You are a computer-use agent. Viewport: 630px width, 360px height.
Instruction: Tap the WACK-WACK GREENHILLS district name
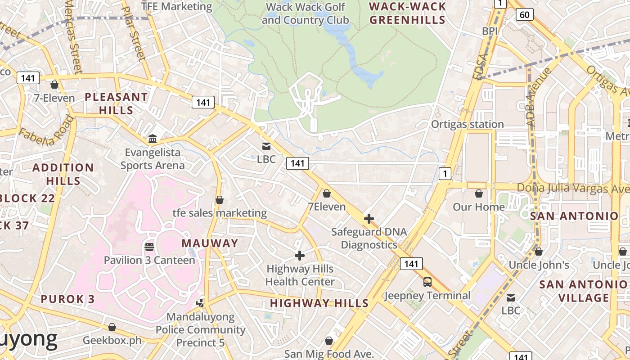[x=408, y=13]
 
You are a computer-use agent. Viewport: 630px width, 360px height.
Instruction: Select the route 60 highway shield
[x=524, y=14]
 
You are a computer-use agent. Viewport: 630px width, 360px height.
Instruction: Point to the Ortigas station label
[x=467, y=124]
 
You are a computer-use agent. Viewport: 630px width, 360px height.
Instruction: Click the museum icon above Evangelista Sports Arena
[x=153, y=138]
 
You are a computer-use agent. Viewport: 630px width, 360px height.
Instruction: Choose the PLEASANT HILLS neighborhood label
[x=116, y=103]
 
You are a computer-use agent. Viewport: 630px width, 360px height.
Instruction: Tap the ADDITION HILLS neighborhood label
[x=63, y=174]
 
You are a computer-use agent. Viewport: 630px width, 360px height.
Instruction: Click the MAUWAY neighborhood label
[x=210, y=243]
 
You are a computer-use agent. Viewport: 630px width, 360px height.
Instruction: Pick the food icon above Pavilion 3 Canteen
[x=149, y=247]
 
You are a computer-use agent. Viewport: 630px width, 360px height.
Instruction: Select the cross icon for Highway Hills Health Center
[x=300, y=256]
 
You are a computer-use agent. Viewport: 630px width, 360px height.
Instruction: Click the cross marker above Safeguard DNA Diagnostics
[x=369, y=219]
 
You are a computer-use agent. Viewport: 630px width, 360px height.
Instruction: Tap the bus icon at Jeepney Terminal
[x=427, y=282]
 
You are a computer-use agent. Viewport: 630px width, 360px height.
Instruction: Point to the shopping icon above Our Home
[x=479, y=193]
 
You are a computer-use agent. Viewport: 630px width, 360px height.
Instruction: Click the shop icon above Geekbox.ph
[x=112, y=327]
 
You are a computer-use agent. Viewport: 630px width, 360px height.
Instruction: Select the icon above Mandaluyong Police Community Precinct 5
[x=201, y=303]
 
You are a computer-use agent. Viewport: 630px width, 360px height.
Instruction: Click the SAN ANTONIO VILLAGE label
[x=583, y=291]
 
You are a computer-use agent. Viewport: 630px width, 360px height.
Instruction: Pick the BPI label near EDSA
[x=490, y=31]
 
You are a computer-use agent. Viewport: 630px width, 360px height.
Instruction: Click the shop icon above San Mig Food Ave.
[x=329, y=341]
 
